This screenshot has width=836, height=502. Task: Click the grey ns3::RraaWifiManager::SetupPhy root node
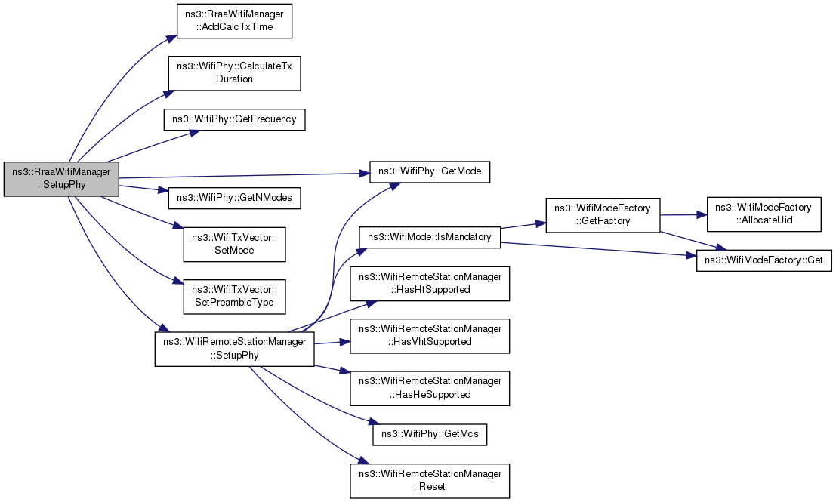pos(61,178)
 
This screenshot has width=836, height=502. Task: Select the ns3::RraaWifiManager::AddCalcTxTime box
pos(234,21)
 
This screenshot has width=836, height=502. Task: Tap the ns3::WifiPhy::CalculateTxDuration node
pos(235,72)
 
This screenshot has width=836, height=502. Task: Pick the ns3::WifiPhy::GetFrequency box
pos(234,119)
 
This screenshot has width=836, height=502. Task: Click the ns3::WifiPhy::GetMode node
pos(430,171)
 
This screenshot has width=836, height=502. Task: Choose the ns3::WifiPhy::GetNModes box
pos(234,198)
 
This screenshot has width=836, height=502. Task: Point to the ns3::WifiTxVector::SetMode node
pos(234,244)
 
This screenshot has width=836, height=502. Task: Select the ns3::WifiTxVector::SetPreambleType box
pos(234,297)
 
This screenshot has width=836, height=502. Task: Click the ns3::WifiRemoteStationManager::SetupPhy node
pos(234,349)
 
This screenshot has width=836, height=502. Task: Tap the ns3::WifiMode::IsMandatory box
pos(430,237)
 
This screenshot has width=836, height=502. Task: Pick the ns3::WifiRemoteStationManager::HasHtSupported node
pos(430,284)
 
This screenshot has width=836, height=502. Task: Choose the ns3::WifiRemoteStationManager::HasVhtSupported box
pos(430,336)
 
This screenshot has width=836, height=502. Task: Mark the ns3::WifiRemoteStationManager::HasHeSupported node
pos(430,389)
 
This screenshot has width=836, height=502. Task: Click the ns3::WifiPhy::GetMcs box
pos(430,434)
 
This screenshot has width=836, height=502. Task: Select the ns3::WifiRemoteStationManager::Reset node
pos(430,481)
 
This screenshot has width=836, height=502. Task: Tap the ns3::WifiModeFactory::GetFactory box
pos(603,214)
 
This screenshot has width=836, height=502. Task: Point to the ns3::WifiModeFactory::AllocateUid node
pos(764,214)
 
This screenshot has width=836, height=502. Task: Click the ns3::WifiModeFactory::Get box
pos(764,260)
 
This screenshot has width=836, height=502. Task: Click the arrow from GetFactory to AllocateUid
pos(683,214)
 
